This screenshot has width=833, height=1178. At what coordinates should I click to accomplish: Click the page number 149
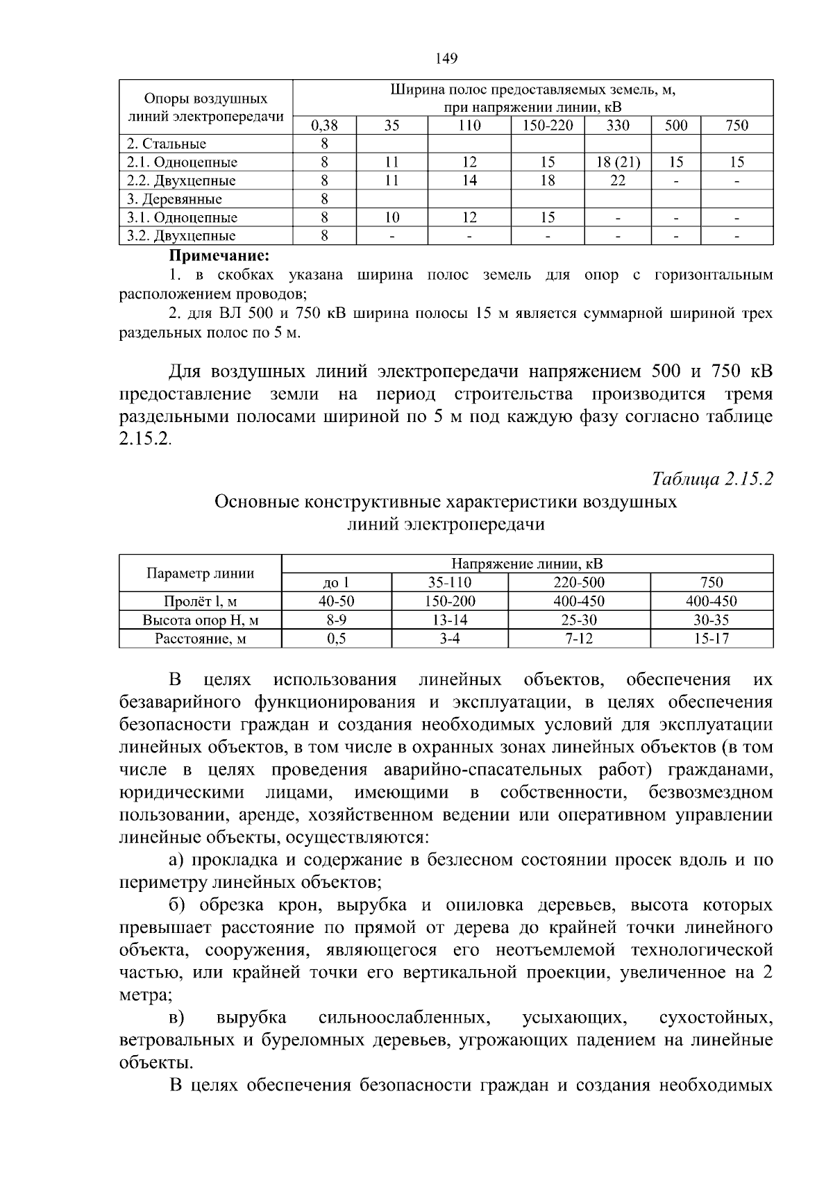point(447,59)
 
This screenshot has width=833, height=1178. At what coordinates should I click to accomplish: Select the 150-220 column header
point(548,126)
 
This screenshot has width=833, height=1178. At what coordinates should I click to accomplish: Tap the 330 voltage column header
point(618,126)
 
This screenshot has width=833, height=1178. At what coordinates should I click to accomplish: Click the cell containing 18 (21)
point(618,162)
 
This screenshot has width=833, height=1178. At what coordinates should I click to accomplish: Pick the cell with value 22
point(618,180)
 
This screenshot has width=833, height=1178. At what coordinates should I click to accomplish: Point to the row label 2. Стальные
point(167,144)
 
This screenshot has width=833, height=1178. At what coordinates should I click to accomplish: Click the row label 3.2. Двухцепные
point(181,236)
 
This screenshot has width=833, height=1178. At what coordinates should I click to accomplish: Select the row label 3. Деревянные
point(174,199)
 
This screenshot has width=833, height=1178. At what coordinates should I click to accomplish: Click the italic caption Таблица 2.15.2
point(712,480)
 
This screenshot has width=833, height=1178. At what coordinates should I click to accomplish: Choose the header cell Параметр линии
point(200,573)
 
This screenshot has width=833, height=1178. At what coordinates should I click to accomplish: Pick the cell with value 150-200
point(450,601)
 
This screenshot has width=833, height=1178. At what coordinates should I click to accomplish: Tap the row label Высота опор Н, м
point(200,620)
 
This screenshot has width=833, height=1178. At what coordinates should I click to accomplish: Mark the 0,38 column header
point(324,126)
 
